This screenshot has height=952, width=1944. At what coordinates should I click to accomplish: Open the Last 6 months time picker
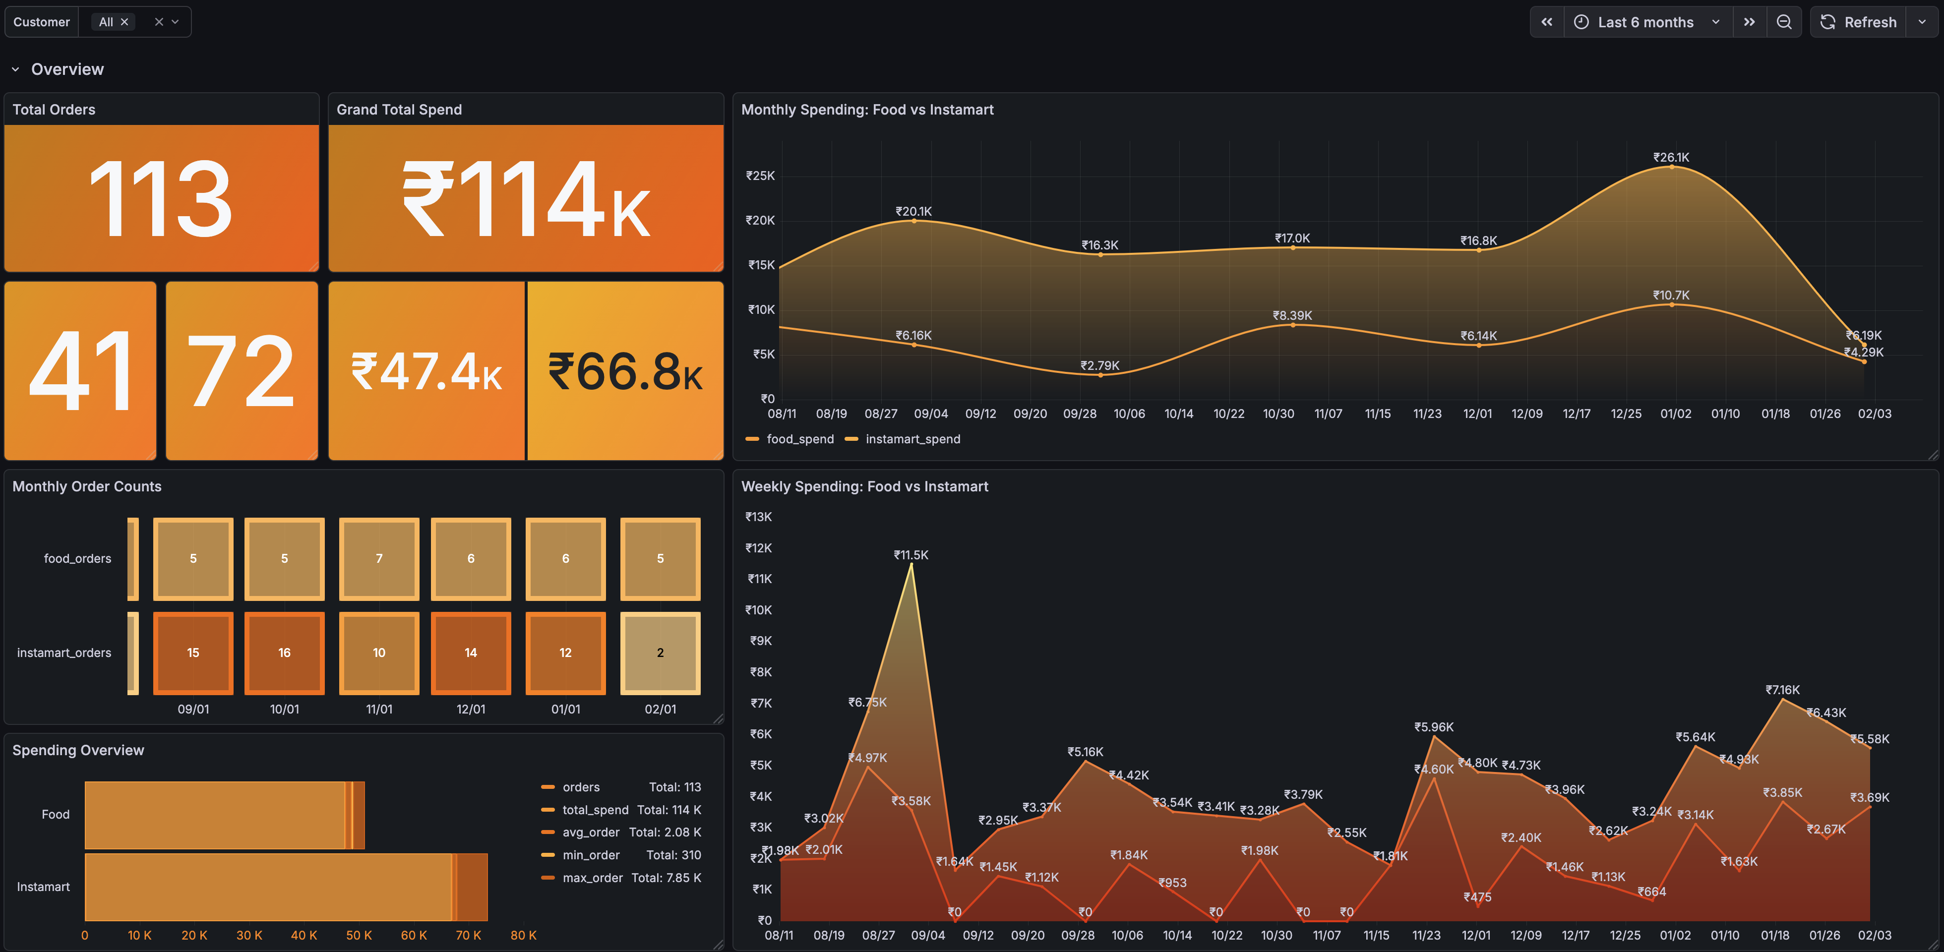[x=1645, y=22]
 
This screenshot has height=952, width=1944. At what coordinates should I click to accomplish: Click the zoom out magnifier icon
[x=1784, y=22]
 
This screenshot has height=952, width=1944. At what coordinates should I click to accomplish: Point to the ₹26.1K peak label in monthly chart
[x=1671, y=157]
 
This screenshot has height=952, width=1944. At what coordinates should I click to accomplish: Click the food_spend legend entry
[x=799, y=439]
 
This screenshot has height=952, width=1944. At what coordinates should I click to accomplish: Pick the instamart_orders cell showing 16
[x=285, y=653]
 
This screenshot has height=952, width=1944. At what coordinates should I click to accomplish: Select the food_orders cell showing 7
[x=379, y=558]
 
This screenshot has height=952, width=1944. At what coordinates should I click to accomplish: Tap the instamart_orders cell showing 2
[x=661, y=653]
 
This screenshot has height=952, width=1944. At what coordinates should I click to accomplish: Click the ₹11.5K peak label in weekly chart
[x=911, y=554]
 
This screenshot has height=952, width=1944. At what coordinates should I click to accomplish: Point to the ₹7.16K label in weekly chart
[x=1782, y=690]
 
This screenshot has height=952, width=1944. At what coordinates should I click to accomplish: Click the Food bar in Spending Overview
[x=219, y=815]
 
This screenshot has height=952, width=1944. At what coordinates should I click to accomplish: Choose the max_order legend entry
[x=593, y=877]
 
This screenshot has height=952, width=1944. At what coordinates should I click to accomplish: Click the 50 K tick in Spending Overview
[x=359, y=935]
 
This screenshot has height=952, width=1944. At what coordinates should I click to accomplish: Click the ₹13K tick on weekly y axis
[x=758, y=517]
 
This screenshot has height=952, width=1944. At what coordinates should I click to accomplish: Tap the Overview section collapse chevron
[x=15, y=69]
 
